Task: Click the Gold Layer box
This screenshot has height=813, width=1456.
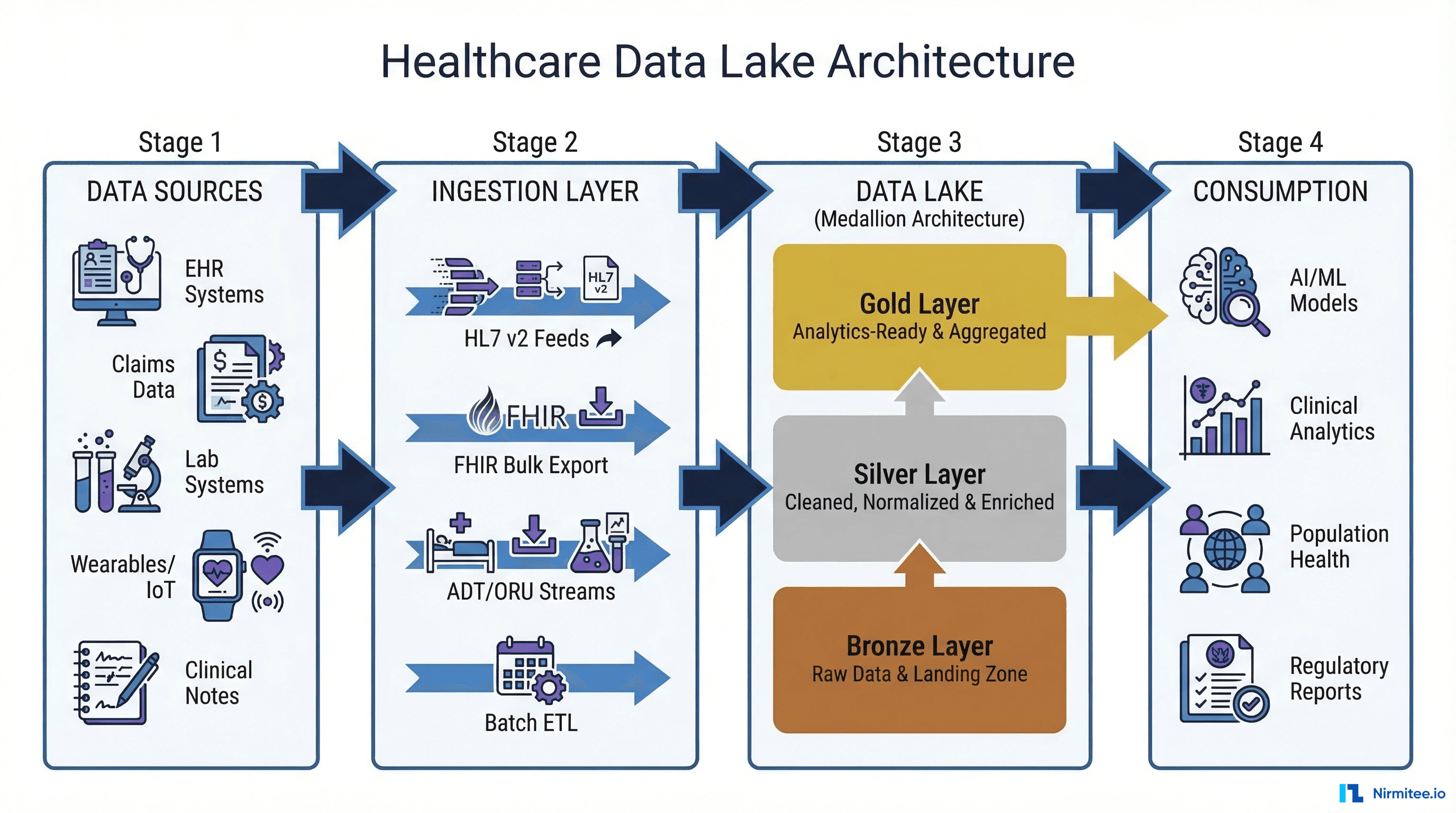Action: point(919,317)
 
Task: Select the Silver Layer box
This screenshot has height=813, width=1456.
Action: point(919,488)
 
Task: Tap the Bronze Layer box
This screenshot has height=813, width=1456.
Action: point(919,659)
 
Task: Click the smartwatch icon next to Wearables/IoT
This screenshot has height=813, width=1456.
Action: point(217,575)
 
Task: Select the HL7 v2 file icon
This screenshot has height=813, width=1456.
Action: point(600,279)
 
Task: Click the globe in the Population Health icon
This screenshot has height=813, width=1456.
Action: point(1224,549)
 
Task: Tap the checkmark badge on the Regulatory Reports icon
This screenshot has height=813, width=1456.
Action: point(1251,704)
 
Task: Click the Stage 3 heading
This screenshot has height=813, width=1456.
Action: point(919,142)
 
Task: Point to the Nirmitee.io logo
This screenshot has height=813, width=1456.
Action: point(1392,793)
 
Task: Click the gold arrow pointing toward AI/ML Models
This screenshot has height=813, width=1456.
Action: point(1125,315)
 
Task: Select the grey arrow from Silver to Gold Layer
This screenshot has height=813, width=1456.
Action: point(919,393)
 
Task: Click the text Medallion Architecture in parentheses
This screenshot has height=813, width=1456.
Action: point(919,219)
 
